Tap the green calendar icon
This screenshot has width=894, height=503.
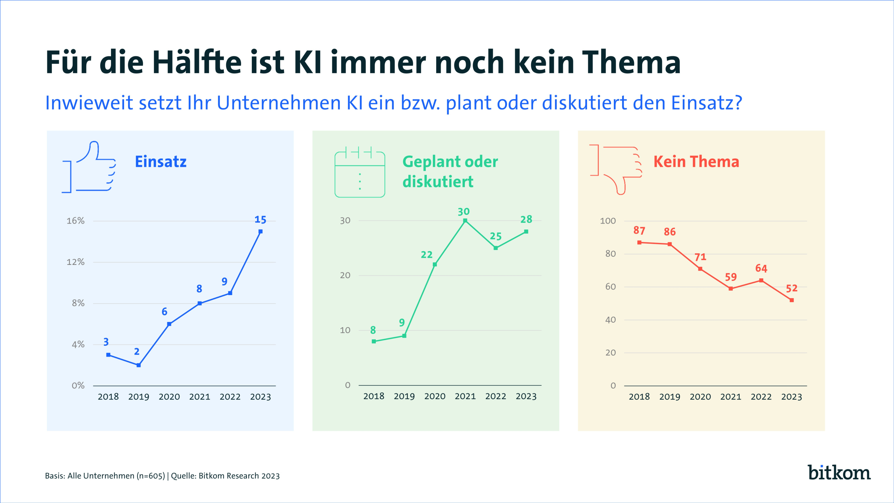click(x=360, y=174)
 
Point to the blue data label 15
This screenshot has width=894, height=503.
click(x=260, y=220)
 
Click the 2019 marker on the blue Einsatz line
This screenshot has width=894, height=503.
click(x=139, y=365)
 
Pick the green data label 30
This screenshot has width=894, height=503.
click(x=464, y=212)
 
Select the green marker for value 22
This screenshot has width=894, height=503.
click(x=435, y=265)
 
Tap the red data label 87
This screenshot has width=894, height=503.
click(x=639, y=231)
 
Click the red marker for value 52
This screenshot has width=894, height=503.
click(x=792, y=300)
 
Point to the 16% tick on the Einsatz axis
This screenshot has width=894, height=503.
click(x=76, y=221)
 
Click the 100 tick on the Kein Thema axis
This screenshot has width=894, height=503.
click(x=608, y=221)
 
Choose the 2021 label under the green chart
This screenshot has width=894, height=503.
click(x=465, y=396)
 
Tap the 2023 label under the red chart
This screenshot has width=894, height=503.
click(x=792, y=397)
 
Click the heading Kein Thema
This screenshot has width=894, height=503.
click(x=696, y=162)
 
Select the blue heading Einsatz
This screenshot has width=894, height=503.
click(x=161, y=162)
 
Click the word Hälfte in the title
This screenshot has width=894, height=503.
click(x=197, y=62)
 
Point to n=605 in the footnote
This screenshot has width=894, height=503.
click(x=150, y=476)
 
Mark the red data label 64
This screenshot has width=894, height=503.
click(x=761, y=268)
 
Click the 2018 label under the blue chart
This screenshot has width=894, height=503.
click(x=108, y=397)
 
